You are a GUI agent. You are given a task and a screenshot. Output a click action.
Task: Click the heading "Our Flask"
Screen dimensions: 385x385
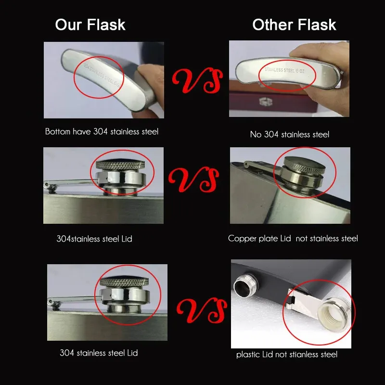pyautogui.click(x=90, y=25)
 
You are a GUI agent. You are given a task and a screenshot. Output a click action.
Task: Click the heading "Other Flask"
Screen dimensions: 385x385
pyautogui.click(x=294, y=25)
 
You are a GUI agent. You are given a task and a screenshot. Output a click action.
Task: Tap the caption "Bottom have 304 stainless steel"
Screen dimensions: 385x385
pyautogui.click(x=102, y=131)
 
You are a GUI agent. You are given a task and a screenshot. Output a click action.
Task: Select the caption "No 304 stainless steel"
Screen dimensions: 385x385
pyautogui.click(x=290, y=134)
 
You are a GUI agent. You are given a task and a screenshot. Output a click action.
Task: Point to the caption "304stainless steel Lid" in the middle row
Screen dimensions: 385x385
pyautogui.click(x=94, y=239)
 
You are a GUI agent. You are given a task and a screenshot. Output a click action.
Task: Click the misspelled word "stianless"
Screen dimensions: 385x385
pyautogui.click(x=304, y=355)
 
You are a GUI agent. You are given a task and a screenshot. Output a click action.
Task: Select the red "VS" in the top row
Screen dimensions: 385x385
pyautogui.click(x=197, y=80)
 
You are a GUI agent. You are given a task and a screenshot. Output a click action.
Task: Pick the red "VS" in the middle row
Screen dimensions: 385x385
pyautogui.click(x=193, y=180)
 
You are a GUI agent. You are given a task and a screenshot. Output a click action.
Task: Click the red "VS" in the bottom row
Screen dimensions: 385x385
pyautogui.click(x=202, y=310)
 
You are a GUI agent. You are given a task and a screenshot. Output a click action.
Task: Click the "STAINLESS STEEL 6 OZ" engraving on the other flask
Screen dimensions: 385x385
pyautogui.click(x=284, y=70)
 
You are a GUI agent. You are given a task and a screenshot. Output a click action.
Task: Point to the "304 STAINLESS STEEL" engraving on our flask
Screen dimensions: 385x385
pyautogui.click(x=102, y=75)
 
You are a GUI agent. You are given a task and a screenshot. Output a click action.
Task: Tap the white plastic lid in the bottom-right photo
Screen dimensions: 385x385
pyautogui.click(x=333, y=314)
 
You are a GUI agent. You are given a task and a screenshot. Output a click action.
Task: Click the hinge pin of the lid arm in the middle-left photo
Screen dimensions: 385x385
pyautogui.click(x=51, y=187)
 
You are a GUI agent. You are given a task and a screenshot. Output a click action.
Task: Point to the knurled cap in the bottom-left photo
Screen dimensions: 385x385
pyautogui.click(x=124, y=282)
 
